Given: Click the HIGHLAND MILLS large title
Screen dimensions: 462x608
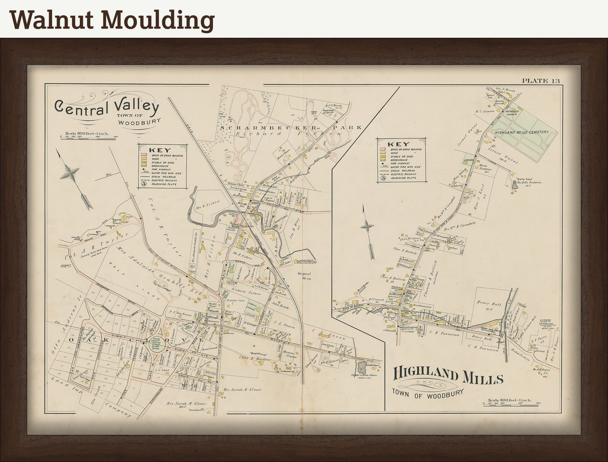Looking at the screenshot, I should click(x=448, y=376).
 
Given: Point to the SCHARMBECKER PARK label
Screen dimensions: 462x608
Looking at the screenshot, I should click(x=291, y=127).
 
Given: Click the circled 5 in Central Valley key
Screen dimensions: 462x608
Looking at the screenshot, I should click(x=144, y=183).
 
